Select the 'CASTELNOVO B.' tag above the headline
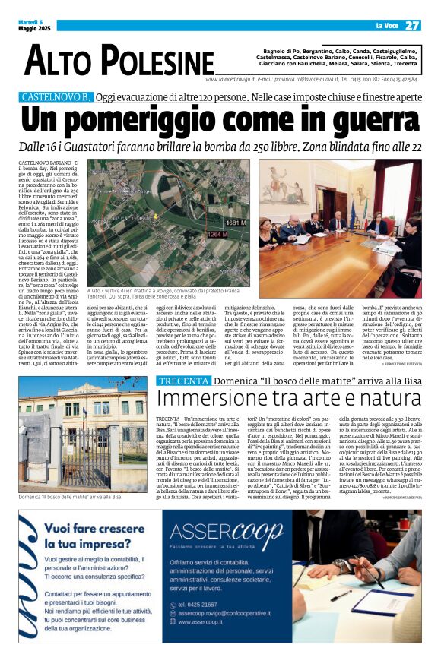click(56, 97)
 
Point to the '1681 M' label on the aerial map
click(236, 223)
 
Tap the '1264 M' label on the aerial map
click(197, 235)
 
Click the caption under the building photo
click(70, 476)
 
